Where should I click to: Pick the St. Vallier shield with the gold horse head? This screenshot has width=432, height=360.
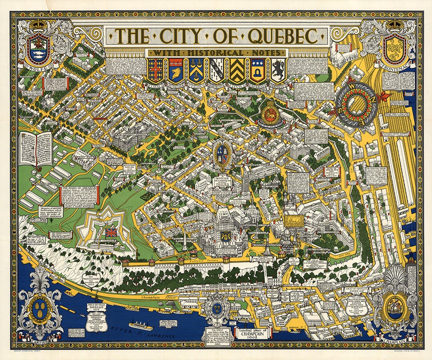pos(176,70)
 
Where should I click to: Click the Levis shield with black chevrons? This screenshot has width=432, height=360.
pos(236,70)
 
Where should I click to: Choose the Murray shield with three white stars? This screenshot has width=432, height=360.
pos(257,70)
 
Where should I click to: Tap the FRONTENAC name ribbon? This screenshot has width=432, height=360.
pos(394,64)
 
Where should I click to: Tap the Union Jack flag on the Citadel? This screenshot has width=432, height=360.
pos(111,232)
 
